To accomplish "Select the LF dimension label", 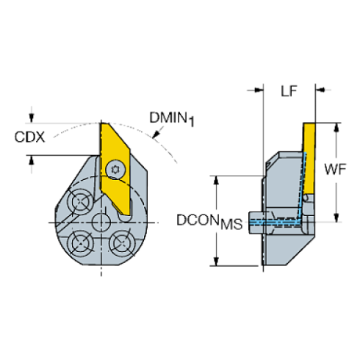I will [x=289, y=90].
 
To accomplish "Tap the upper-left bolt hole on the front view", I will [x=79, y=201].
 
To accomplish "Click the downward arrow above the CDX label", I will [x=31, y=115].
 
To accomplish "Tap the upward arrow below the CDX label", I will [x=31, y=160].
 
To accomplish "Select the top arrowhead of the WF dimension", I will [x=336, y=127].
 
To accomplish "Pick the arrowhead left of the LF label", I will [x=258, y=90].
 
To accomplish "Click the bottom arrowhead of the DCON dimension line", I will [x=215, y=262].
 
